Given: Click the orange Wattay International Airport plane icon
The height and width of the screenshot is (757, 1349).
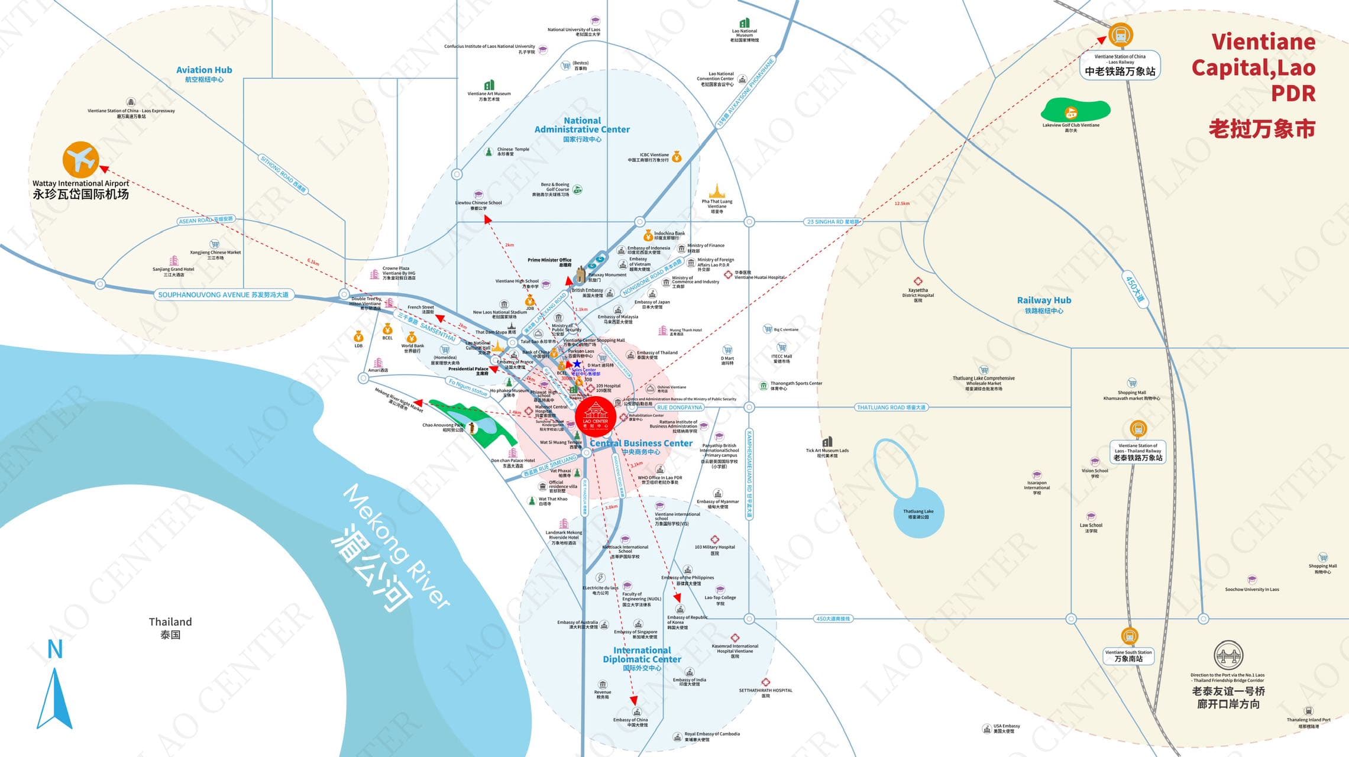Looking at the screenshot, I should pyautogui.click(x=80, y=159).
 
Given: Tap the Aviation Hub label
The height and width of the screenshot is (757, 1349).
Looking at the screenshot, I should pyautogui.click(x=204, y=70).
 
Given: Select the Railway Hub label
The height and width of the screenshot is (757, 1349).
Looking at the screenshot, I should pyautogui.click(x=1044, y=300).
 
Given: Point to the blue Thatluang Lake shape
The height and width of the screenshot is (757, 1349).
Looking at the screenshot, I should pyautogui.click(x=918, y=513).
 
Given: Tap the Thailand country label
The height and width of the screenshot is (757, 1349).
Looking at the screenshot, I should pyautogui.click(x=170, y=622).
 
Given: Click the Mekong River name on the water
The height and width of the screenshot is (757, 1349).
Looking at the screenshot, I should pyautogui.click(x=396, y=547).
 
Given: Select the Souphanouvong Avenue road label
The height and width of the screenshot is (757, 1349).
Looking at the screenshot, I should pyautogui.click(x=224, y=295).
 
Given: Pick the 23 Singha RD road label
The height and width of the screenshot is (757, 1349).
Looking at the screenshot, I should pyautogui.click(x=833, y=222).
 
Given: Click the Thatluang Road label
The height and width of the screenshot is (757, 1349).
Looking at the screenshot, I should pyautogui.click(x=891, y=407).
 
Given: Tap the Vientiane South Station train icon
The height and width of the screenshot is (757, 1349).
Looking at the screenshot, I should pyautogui.click(x=1130, y=637).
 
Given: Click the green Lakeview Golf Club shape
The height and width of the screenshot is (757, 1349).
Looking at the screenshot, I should pyautogui.click(x=1075, y=111).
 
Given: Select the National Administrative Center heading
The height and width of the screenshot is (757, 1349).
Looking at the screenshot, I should pyautogui.click(x=582, y=125).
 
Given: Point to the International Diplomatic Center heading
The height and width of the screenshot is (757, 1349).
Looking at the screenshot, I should pyautogui.click(x=642, y=655).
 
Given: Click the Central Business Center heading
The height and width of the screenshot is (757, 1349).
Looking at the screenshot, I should pyautogui.click(x=641, y=444).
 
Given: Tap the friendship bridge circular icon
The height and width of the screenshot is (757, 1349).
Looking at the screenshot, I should pyautogui.click(x=1228, y=655).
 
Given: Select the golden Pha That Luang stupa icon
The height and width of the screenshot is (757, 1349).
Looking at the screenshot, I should pyautogui.click(x=717, y=191).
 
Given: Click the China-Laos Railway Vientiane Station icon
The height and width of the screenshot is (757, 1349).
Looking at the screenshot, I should pyautogui.click(x=1120, y=35).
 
